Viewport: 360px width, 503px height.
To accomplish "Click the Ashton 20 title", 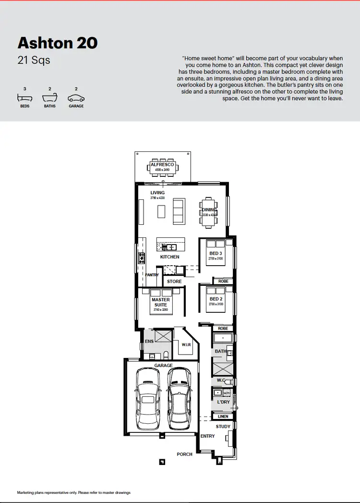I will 58,43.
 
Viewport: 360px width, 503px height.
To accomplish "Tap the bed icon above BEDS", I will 24,98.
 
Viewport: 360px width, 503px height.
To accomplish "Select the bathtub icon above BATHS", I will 50,98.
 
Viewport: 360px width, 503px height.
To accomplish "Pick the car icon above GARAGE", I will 76,98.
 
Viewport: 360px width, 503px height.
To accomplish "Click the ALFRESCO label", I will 162,165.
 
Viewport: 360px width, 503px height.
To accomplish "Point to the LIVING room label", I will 157,193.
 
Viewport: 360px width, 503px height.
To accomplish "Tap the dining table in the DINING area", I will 209,211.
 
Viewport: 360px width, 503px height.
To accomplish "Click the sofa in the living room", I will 178,211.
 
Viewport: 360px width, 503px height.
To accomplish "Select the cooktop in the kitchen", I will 142,258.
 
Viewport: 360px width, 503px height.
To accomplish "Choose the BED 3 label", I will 216,254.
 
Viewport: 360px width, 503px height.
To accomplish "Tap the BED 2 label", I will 216,299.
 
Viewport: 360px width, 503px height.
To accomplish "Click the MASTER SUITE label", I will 160,302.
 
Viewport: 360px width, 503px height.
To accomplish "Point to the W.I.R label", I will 186,344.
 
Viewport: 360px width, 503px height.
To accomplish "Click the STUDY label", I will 223,427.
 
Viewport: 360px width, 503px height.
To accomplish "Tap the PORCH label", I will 184,454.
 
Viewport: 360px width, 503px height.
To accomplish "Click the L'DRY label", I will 223,401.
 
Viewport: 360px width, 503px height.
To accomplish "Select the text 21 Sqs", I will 34,61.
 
